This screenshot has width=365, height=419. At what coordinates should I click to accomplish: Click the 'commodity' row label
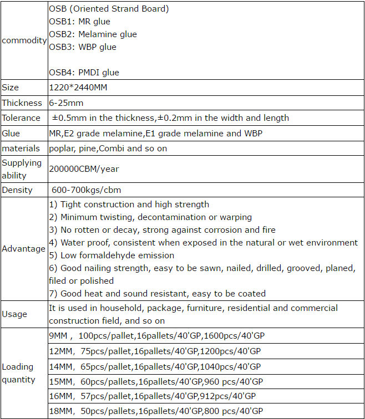click(x=24, y=40)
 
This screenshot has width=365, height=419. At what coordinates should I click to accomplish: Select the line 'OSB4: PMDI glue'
click(x=84, y=73)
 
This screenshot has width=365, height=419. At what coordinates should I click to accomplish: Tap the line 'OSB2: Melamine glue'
click(x=93, y=34)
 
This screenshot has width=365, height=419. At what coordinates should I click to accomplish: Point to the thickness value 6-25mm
click(x=67, y=103)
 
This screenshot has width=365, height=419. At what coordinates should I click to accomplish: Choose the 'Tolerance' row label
click(x=21, y=117)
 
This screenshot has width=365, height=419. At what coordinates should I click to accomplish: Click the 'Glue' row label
click(x=11, y=134)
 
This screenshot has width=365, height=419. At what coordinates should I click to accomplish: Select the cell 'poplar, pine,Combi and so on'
click(x=108, y=149)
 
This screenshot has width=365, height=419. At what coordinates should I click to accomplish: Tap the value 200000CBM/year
click(x=84, y=169)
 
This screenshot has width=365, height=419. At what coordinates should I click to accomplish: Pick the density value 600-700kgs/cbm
click(x=86, y=190)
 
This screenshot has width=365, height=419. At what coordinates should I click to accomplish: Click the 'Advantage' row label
click(x=23, y=249)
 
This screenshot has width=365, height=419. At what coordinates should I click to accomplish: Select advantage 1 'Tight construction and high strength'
click(x=129, y=205)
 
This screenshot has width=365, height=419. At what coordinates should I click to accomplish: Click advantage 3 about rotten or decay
click(x=162, y=230)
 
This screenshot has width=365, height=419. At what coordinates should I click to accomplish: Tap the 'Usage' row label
click(x=14, y=314)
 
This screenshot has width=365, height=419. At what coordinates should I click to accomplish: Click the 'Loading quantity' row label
click(x=19, y=373)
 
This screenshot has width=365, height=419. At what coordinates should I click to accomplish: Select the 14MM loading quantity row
click(x=155, y=366)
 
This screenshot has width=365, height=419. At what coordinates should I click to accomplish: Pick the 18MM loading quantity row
click(x=156, y=411)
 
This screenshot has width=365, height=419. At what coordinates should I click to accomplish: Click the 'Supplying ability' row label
click(x=22, y=169)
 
